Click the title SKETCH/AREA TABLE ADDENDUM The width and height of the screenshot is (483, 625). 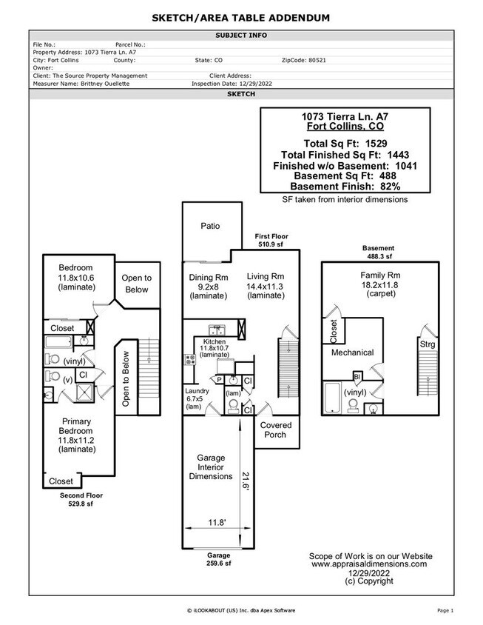tap(241, 17)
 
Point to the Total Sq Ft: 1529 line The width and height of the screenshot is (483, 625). tap(345, 143)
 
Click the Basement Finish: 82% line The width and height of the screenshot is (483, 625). tap(345, 187)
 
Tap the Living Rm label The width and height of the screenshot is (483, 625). tap(266, 278)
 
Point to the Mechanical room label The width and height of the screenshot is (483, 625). tap(352, 352)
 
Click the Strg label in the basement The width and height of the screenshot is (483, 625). tap(428, 344)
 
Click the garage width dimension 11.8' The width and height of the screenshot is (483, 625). tap(216, 523)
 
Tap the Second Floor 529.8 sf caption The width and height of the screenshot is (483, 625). tap(81, 499)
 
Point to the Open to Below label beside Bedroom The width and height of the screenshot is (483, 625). tap(137, 284)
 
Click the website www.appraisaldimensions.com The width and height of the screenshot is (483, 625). tap(369, 564)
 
